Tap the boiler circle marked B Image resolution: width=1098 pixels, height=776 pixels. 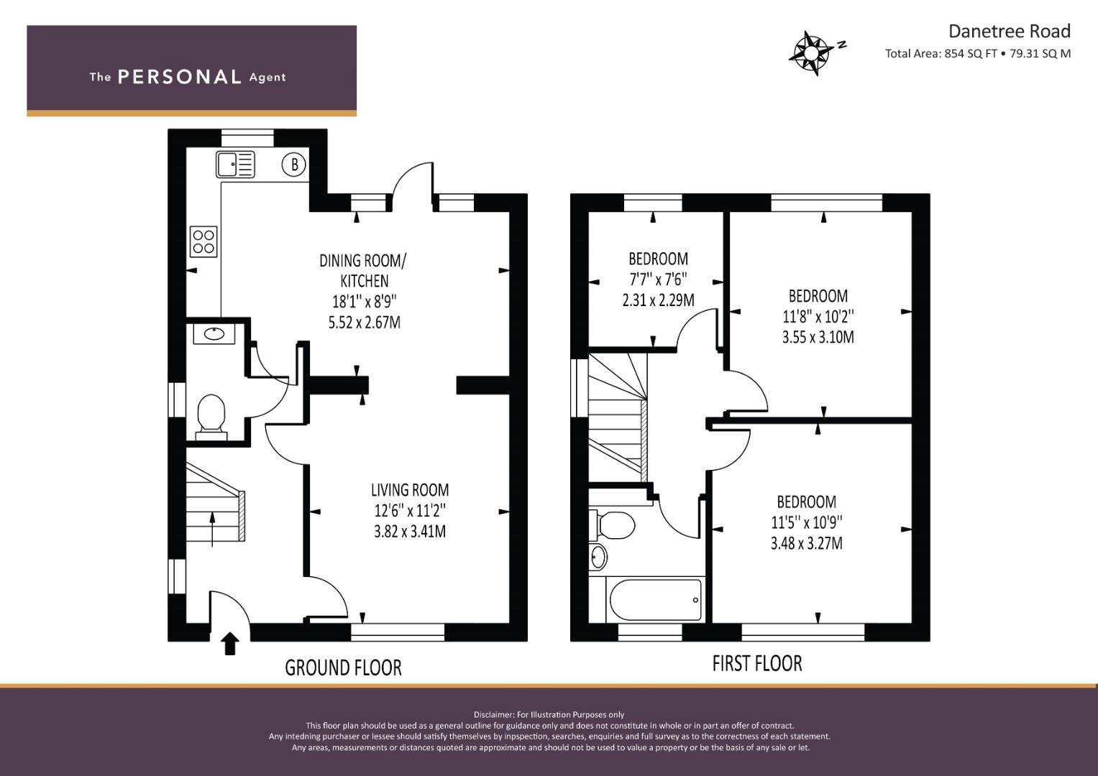pyautogui.click(x=293, y=165)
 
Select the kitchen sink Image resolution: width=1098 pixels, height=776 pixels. pyautogui.click(x=235, y=164)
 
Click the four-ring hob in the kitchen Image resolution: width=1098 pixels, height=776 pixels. pyautogui.click(x=203, y=241)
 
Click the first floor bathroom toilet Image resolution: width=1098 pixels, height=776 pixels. pyautogui.click(x=613, y=525)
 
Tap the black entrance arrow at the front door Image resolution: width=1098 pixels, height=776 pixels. pyautogui.click(x=230, y=643)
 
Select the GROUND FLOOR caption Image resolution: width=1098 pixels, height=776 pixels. pyautogui.click(x=343, y=668)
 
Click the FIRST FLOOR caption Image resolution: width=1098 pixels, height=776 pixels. pyautogui.click(x=757, y=663)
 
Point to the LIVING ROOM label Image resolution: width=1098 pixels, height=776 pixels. pyautogui.click(x=410, y=490)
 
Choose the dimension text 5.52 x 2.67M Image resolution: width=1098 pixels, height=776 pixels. pyautogui.click(x=365, y=323)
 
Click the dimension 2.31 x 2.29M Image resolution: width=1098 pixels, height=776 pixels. pyautogui.click(x=659, y=300)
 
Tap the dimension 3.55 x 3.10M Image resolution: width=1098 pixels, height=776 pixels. pyautogui.click(x=818, y=337)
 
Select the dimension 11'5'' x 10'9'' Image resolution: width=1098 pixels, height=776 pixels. pyautogui.click(x=807, y=522)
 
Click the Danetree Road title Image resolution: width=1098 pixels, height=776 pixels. pyautogui.click(x=1010, y=32)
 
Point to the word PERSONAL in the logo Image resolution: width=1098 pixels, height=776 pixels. pyautogui.click(x=180, y=77)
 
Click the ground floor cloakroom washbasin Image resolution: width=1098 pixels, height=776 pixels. pyautogui.click(x=214, y=334)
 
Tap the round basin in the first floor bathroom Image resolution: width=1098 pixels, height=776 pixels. pyautogui.click(x=598, y=557)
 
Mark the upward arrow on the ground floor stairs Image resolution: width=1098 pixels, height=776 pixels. pyautogui.click(x=212, y=529)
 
